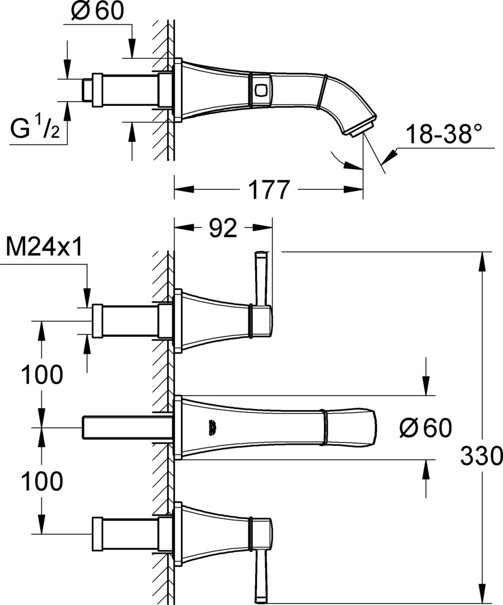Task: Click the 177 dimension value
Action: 269,189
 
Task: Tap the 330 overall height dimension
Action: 481,455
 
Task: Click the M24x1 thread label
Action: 44,247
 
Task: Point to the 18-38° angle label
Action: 445,133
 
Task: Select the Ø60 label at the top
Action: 98,11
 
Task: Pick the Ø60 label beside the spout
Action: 426,428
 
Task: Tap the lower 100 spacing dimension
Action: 41,482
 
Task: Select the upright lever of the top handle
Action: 261,278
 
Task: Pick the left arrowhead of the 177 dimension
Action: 184,189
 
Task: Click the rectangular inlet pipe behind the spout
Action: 127,427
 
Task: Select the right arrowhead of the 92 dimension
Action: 262,227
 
